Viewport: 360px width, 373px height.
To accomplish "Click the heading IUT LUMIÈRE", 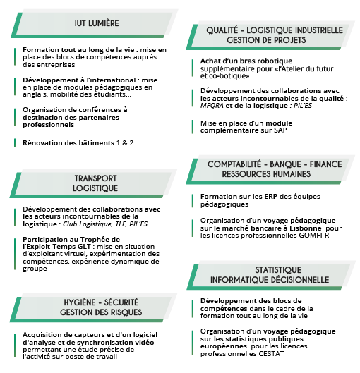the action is (x=97, y=23).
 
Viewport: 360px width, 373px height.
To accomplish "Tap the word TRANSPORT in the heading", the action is (x=96, y=178).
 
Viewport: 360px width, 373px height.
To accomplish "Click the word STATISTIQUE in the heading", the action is (x=278, y=270).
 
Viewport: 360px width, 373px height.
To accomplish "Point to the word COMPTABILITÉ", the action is (x=234, y=164).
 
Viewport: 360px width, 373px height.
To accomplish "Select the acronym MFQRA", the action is (x=212, y=105).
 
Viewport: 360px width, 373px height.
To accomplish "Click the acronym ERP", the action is (x=271, y=197).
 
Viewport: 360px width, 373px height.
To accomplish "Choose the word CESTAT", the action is (x=271, y=354).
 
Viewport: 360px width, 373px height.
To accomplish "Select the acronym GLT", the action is (x=84, y=247).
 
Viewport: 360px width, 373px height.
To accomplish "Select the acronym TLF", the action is (x=121, y=224).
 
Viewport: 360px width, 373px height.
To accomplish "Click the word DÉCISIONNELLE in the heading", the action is (x=301, y=280).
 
